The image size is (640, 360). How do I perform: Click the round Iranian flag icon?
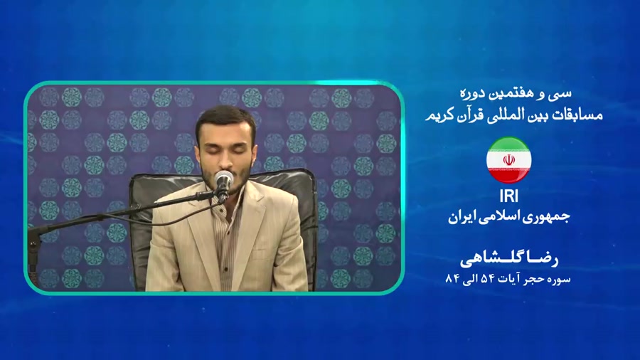[508, 160]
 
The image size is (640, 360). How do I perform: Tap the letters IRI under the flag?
[508, 197]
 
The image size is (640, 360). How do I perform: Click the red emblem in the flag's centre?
[508, 160]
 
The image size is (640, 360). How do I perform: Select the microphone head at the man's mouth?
[224, 179]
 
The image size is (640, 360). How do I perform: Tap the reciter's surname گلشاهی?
[489, 259]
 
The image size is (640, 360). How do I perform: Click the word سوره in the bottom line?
[560, 279]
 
